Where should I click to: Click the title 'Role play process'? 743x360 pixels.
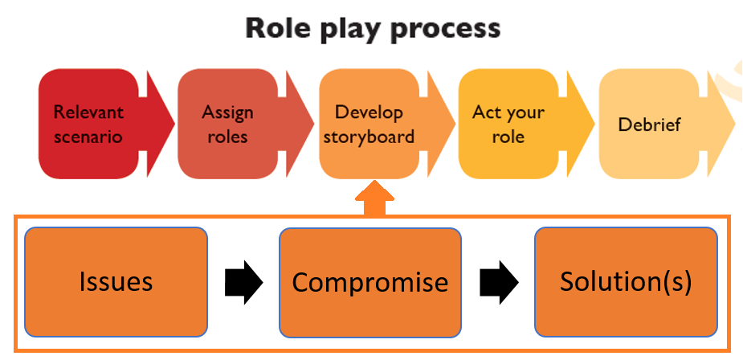pos(373,29)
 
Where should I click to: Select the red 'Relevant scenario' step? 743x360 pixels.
pos(88,124)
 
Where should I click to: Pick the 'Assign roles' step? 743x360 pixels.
pos(227,124)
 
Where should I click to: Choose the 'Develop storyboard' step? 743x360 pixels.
pos(369,124)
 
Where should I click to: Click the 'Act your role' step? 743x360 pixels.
pos(508,124)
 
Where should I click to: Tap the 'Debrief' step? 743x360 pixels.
pos(649,125)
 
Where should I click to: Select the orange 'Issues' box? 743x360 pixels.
pos(116,281)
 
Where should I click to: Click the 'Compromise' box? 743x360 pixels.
pos(369,282)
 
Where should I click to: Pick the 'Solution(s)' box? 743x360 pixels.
pos(625,281)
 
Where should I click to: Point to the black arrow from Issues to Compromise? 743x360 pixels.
pos(243,281)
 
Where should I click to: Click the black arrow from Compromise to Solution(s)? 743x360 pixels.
pos(499,281)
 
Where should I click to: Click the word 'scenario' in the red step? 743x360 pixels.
pos(88,136)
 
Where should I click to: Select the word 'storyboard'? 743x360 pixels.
pos(369,136)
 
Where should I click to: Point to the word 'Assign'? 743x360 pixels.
pos(227,112)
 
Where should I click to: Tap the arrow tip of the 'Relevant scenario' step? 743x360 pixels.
pos(164,124)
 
